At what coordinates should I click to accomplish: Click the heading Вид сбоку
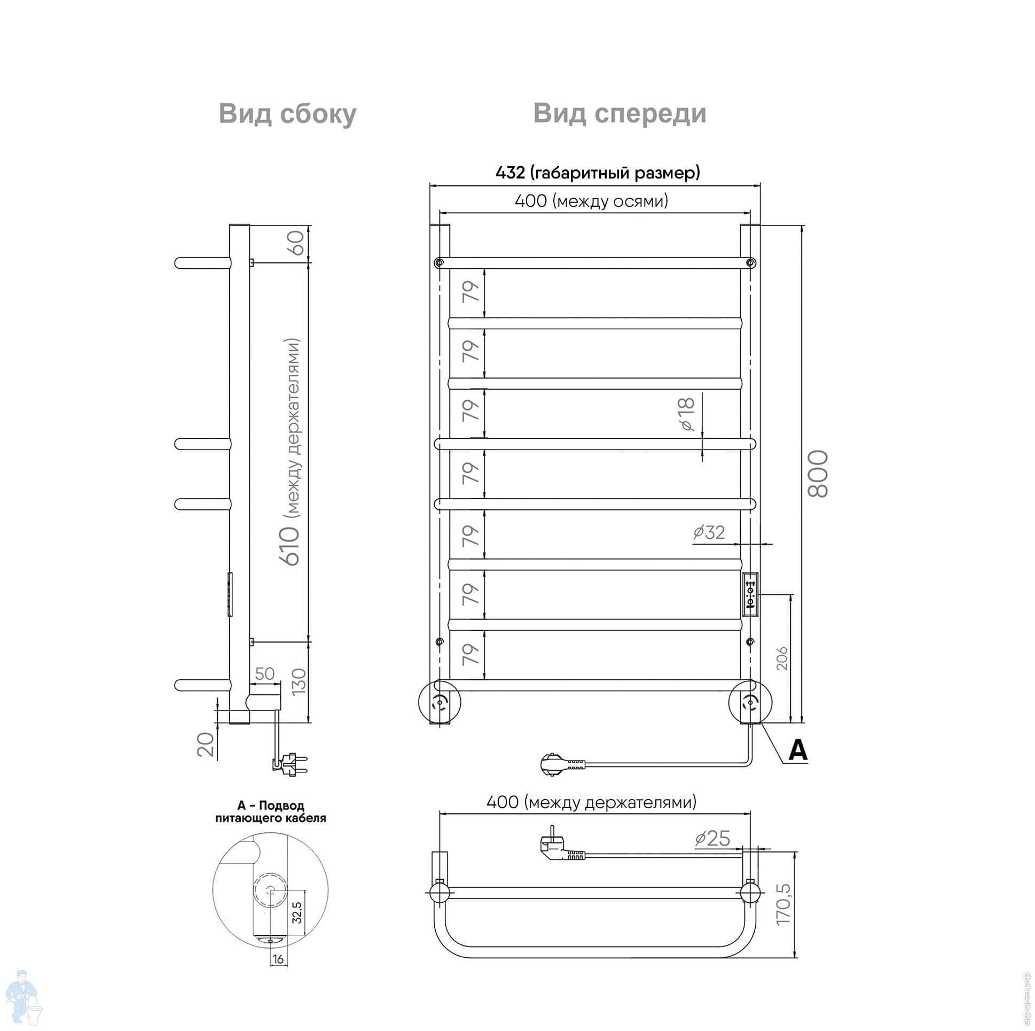[287, 114]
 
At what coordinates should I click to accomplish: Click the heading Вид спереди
[620, 114]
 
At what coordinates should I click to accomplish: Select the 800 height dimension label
[818, 474]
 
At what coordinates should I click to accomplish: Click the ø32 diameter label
[709, 532]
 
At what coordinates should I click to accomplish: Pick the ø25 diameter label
[712, 838]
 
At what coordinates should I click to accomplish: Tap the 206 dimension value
[782, 658]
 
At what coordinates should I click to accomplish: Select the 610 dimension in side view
[292, 546]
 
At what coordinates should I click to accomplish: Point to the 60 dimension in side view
[297, 243]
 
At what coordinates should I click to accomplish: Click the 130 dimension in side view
[299, 681]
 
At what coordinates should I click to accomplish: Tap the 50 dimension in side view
[265, 673]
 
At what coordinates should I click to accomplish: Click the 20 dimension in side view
[206, 743]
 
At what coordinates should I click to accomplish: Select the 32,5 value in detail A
[297, 911]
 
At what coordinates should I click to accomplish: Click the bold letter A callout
[798, 750]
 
